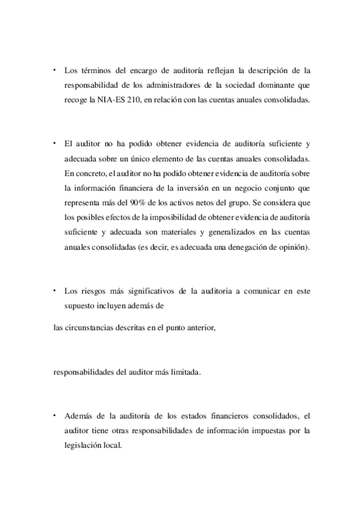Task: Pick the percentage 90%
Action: pos(136,202)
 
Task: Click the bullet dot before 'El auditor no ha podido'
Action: pos(54,143)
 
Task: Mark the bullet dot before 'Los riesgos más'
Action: pos(54,290)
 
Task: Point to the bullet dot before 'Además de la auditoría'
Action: pos(54,416)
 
